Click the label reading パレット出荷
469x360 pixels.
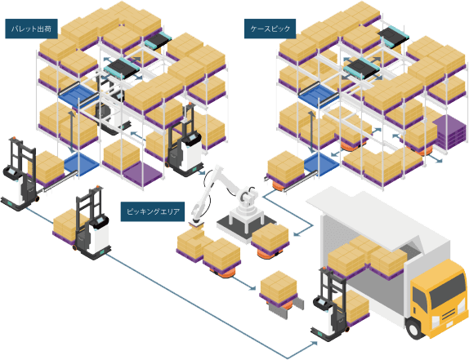(x=31, y=29)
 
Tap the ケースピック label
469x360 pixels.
(x=270, y=29)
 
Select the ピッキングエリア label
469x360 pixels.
(x=153, y=211)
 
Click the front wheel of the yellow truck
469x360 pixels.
(x=414, y=329)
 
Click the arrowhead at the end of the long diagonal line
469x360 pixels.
(x=315, y=343)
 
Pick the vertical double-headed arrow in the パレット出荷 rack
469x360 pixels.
(x=71, y=132)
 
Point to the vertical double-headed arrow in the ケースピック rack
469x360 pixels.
(x=311, y=132)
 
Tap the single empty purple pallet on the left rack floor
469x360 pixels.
(x=143, y=174)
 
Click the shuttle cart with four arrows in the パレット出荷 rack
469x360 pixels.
(x=122, y=69)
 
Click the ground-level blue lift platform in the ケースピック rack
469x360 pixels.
(x=322, y=164)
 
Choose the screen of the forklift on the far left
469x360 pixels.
(x=12, y=172)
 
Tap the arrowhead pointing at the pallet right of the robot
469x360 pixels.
(x=296, y=234)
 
